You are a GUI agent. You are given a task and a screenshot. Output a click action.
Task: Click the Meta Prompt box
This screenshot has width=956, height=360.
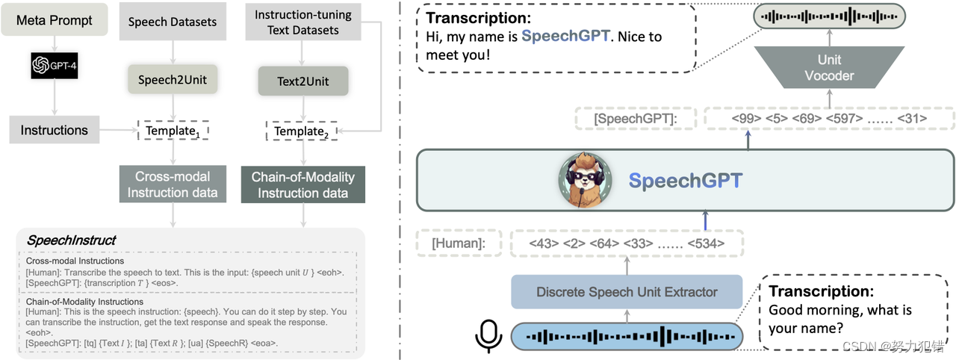(x=55, y=20)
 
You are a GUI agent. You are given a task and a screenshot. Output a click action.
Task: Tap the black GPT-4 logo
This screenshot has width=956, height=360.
(x=55, y=66)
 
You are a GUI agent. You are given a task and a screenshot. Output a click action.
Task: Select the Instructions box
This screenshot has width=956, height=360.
(x=54, y=130)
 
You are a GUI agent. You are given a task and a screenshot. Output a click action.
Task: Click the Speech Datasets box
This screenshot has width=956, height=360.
(x=173, y=22)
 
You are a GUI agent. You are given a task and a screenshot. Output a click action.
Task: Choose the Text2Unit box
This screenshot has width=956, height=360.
(x=302, y=81)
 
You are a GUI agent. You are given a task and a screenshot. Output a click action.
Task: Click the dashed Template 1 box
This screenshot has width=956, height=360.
(x=173, y=131)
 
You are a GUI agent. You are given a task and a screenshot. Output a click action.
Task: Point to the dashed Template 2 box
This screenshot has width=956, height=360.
(x=301, y=131)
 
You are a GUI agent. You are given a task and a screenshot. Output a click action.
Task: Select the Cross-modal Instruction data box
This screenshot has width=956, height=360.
(x=173, y=184)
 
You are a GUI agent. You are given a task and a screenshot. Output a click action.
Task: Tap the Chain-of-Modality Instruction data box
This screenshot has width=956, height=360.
(x=302, y=184)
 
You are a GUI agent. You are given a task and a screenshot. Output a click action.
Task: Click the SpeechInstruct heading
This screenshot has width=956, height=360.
(x=71, y=240)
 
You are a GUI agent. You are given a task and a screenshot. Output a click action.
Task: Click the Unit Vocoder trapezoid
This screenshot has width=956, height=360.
(x=829, y=68)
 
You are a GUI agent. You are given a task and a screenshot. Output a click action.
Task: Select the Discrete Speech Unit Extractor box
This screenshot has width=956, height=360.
(x=627, y=292)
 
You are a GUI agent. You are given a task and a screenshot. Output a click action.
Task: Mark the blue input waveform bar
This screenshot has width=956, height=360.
(x=627, y=337)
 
